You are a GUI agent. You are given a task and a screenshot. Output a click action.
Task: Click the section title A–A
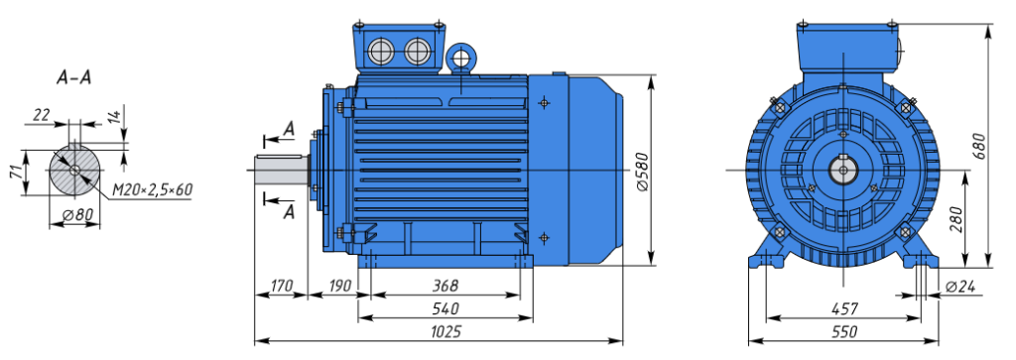tap(73, 78)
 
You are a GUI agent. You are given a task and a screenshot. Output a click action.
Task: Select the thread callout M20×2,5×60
tap(152, 189)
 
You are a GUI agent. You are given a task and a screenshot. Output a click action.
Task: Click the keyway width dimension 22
tap(42, 115)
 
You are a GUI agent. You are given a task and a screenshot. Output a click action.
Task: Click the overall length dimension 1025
tap(445, 331)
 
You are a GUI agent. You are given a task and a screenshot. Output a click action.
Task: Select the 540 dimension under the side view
tap(445, 308)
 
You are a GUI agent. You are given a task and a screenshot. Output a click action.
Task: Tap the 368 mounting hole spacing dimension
tap(445, 286)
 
